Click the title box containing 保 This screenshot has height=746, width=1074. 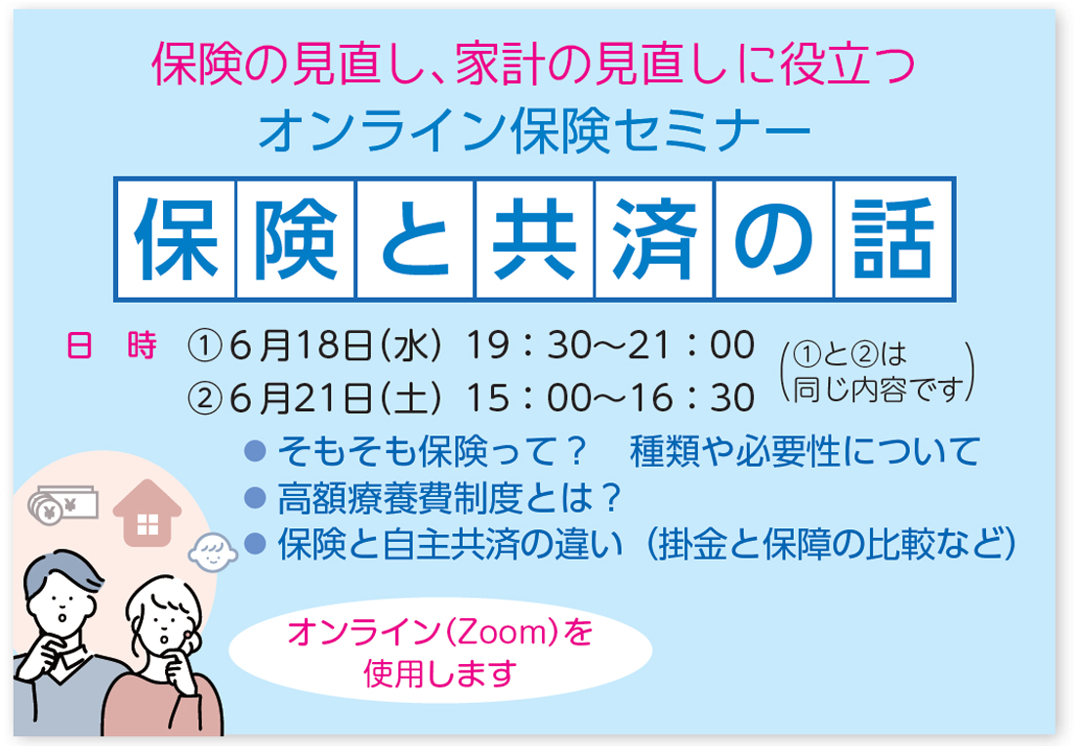pyautogui.click(x=176, y=239)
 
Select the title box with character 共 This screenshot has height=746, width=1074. pyautogui.click(x=534, y=239)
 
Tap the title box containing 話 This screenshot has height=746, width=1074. pyautogui.click(x=893, y=239)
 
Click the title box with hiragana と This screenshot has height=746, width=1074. pyautogui.click(x=415, y=239)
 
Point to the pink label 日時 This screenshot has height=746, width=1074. pyautogui.click(x=111, y=346)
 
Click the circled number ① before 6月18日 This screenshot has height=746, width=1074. pyautogui.click(x=204, y=347)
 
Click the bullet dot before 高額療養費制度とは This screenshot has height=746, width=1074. pyautogui.click(x=255, y=498)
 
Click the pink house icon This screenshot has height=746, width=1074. pyautogui.click(x=146, y=513)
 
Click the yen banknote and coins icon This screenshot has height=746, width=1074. pyautogui.click(x=62, y=505)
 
